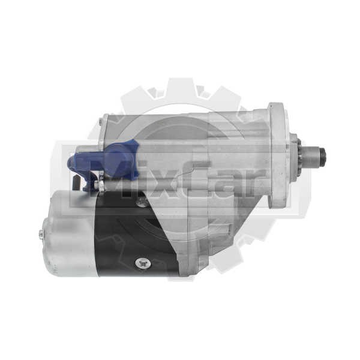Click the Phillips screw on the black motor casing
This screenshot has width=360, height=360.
point(143,263)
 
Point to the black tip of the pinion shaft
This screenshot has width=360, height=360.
point(324,155)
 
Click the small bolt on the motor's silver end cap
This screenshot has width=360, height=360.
point(41,235)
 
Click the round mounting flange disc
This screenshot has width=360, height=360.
point(278,155)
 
